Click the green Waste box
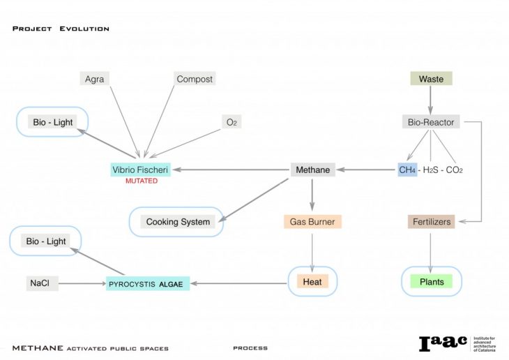431,79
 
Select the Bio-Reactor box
431,122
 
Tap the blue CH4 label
407,170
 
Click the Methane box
311,170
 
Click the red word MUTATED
141,181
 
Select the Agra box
95,79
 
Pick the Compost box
195,79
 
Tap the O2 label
231,122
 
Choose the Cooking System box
178,222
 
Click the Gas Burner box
312,222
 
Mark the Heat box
312,282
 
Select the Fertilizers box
431,222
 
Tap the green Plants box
432,282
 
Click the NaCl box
38,283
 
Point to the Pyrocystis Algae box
148,284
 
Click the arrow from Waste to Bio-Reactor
431,100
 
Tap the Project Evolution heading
61,29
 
